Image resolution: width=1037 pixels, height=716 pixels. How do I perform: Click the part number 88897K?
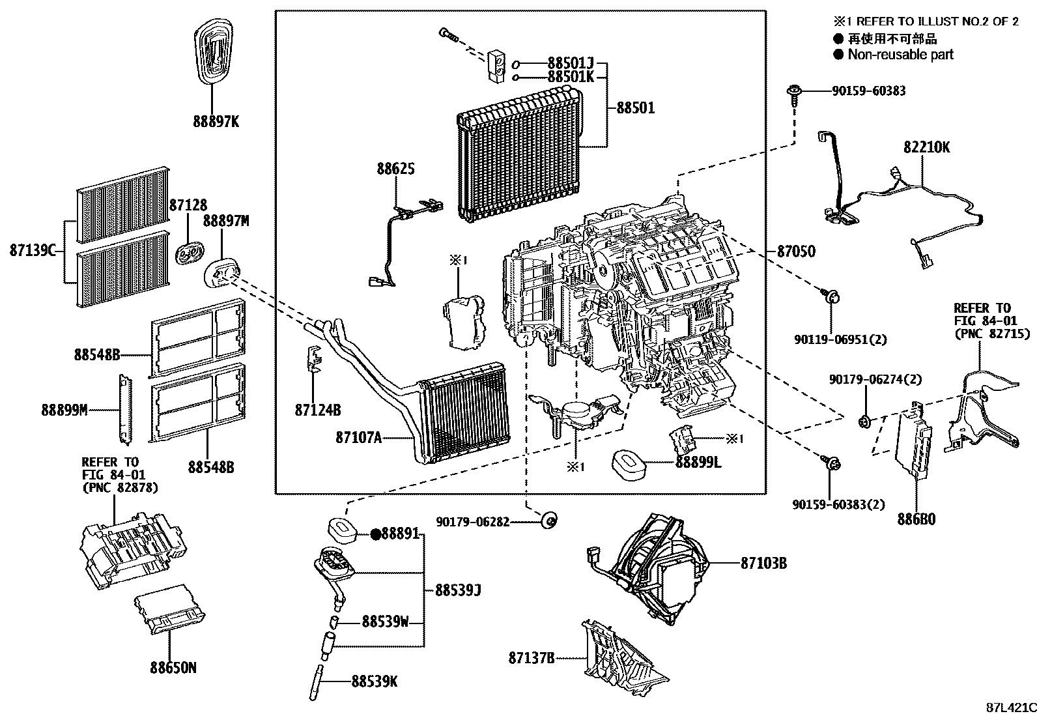(x=216, y=121)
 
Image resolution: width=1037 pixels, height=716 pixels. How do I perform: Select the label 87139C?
(x=33, y=250)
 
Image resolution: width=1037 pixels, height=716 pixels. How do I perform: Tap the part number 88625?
(x=395, y=169)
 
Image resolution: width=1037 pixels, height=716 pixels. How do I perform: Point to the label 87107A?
(x=358, y=438)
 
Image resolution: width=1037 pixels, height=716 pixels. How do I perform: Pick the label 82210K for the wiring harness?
(x=926, y=148)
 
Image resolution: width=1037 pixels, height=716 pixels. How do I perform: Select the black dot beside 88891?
(x=376, y=534)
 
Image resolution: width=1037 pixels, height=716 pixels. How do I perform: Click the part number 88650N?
(x=173, y=668)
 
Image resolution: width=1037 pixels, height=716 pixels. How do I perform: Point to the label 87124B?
(x=318, y=410)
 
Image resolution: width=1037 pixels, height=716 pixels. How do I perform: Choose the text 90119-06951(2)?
(x=831, y=339)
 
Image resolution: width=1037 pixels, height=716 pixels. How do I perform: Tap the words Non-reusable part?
(x=900, y=55)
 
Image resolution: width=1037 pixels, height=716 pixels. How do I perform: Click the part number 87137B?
(x=532, y=658)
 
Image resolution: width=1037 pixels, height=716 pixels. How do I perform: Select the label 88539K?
(x=374, y=681)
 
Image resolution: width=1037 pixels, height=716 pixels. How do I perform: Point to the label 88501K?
(x=570, y=77)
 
